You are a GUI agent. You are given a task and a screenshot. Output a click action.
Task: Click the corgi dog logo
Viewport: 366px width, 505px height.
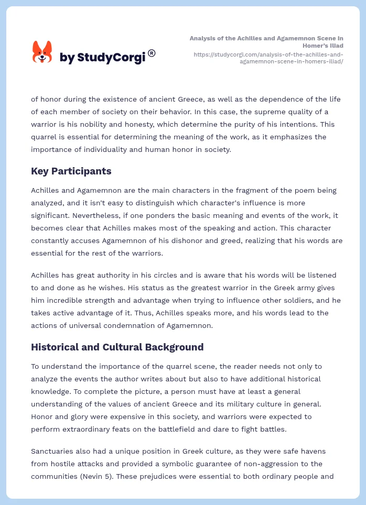(x=42, y=52)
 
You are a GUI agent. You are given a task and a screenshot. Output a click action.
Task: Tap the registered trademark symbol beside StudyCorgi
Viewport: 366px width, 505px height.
(x=152, y=53)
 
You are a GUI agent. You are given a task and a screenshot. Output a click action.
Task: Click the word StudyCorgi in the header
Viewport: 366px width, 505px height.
(x=111, y=58)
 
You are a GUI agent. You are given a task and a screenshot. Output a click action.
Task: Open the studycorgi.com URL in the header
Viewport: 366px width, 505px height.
(x=268, y=58)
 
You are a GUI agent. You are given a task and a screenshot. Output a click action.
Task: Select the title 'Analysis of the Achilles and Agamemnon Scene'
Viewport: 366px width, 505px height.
(x=266, y=42)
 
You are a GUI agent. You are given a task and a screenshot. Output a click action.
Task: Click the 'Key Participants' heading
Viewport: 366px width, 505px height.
(x=71, y=171)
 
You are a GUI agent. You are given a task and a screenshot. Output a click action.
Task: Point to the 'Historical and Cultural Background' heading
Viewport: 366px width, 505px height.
(x=117, y=347)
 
